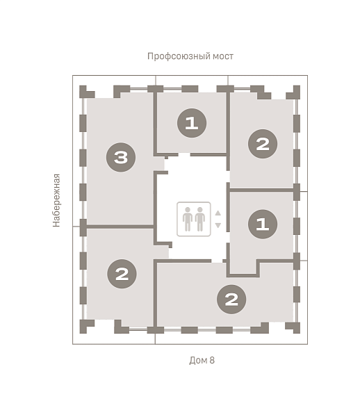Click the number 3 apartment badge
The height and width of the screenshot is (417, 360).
pos(121,157)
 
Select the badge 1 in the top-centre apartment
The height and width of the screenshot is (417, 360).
pos(192,123)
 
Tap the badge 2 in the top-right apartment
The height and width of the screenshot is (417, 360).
pos(263,144)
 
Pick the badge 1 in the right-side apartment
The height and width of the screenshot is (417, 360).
pos(263,224)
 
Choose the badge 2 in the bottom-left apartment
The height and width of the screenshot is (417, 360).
pos(122,274)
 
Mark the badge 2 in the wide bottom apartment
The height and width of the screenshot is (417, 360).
pos(231,300)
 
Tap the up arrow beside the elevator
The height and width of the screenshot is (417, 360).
pos(218,213)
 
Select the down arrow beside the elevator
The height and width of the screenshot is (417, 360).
pos(218,225)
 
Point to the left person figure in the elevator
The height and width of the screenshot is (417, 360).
pos(188,219)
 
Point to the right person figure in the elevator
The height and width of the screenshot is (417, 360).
pos(200,219)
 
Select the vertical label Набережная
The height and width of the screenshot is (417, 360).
pos(56,200)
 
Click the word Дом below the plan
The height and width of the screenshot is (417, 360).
pos(198,360)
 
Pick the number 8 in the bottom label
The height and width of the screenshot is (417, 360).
pos(212,360)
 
